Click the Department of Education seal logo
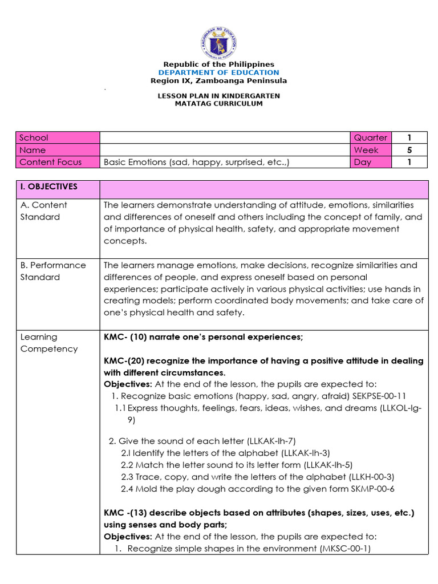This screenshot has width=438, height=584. (x=219, y=42)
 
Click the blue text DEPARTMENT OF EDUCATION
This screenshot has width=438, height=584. (x=219, y=72)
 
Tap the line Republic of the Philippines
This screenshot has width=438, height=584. (x=219, y=64)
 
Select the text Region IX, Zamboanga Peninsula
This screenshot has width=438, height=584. (x=219, y=81)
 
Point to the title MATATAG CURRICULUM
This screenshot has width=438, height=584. (x=219, y=104)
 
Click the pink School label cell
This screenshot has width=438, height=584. (x=58, y=137)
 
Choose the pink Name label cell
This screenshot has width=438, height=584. (x=58, y=150)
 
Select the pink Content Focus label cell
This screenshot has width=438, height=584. (x=58, y=162)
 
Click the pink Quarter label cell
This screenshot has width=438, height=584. (x=371, y=137)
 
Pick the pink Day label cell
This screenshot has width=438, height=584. (x=371, y=162)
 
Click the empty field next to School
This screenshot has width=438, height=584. (x=225, y=137)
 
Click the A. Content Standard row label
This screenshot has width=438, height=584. (x=58, y=211)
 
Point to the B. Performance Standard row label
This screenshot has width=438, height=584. (x=58, y=271)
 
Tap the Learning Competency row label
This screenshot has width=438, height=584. (x=58, y=343)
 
